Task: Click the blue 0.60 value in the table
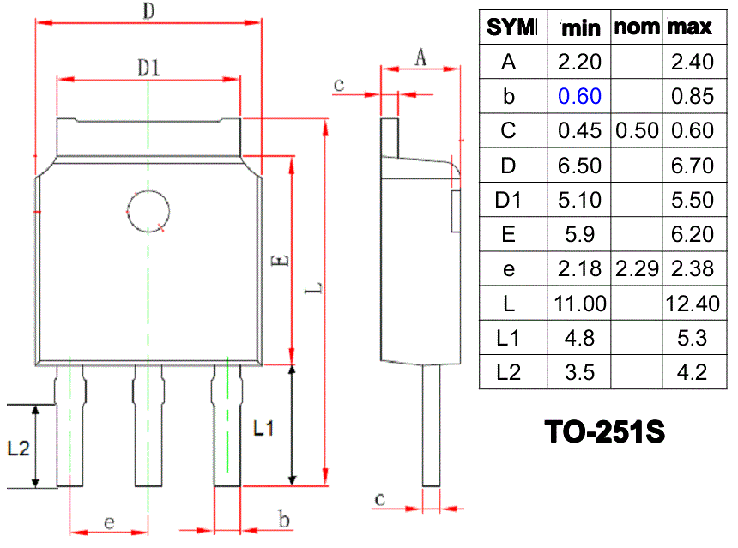(579, 96)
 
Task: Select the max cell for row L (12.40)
(693, 304)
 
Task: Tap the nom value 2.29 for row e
(637, 268)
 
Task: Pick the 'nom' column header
(637, 27)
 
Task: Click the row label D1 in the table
(508, 200)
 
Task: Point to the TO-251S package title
(605, 432)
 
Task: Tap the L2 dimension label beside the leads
(18, 448)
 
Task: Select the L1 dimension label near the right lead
(263, 428)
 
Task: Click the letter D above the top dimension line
(148, 10)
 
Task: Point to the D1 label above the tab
(148, 68)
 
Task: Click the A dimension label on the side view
(420, 57)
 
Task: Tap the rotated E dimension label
(281, 260)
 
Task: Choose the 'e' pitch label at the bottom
(109, 522)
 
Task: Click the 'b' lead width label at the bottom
(284, 520)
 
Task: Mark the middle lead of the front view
(148, 425)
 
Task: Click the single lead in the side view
(431, 425)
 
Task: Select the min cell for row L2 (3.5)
(579, 372)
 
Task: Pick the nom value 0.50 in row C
(637, 130)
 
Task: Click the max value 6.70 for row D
(693, 166)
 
